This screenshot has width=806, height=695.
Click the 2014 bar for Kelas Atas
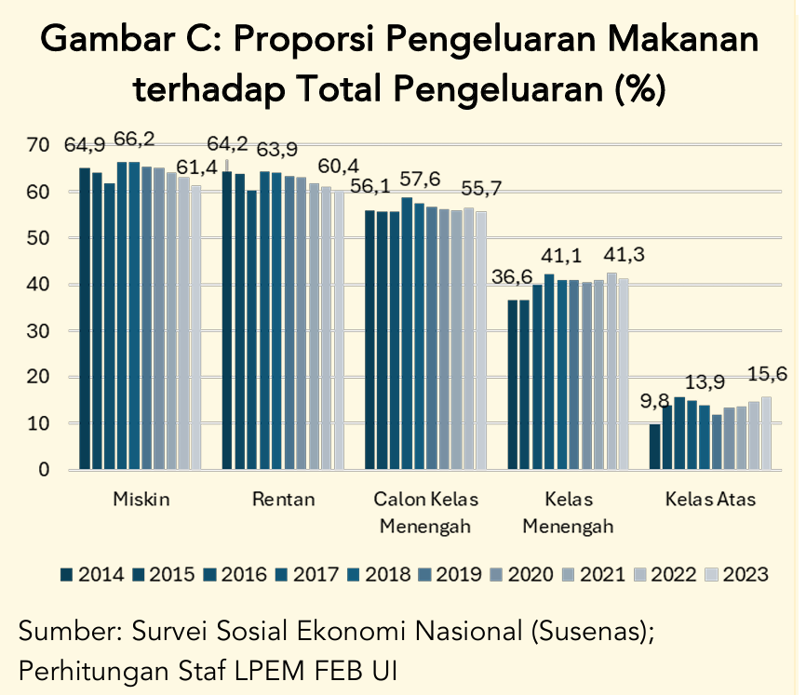tap(655, 447)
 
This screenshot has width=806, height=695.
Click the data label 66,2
tap(134, 140)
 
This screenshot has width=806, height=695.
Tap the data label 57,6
tap(420, 179)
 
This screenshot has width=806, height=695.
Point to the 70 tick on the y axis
tap(38, 145)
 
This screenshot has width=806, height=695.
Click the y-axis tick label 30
tap(38, 330)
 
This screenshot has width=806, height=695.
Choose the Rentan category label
tap(284, 500)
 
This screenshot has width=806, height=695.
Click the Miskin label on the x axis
tap(141, 500)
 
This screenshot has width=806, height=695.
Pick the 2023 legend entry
tap(738, 574)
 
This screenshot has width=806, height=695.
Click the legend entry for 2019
tap(450, 574)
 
